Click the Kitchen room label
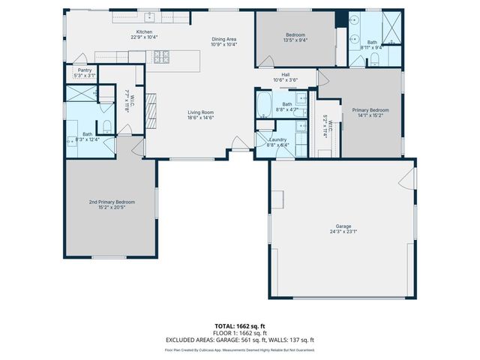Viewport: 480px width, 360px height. click(145, 31)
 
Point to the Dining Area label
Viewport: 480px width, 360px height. click(224, 39)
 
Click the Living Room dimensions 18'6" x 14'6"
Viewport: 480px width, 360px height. click(201, 118)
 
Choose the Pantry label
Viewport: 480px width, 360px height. click(85, 70)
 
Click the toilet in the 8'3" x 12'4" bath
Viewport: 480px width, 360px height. click(106, 127)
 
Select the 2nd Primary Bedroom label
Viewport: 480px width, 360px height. click(110, 202)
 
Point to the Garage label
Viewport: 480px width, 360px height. click(343, 226)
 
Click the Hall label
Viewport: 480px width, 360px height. click(286, 74)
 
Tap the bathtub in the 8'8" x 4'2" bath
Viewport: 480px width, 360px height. click(264, 104)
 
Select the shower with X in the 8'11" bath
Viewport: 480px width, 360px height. click(390, 29)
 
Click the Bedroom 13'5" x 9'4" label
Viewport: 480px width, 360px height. click(295, 35)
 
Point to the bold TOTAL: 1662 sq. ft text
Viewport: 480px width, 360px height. click(239, 326)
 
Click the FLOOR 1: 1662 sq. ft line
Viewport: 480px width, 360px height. click(239, 332)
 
